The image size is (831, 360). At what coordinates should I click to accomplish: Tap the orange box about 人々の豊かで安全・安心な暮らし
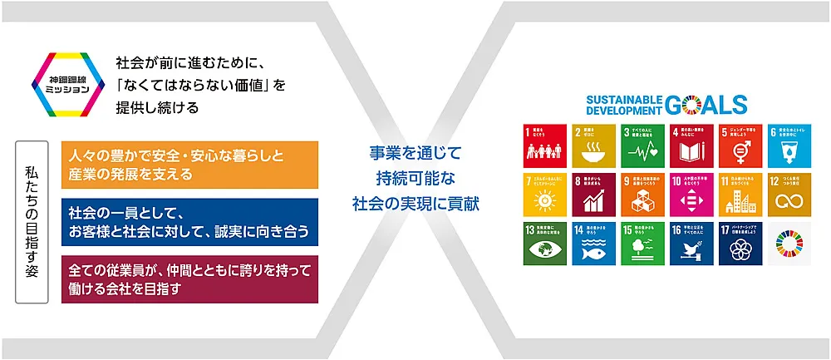[x=190, y=164]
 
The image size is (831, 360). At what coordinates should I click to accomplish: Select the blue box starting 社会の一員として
[x=190, y=221]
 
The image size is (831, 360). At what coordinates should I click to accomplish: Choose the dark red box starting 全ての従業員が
[x=190, y=279]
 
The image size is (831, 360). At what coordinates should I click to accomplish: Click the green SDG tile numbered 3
[x=642, y=145]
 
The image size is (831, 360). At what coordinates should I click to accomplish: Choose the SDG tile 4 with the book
[x=691, y=145]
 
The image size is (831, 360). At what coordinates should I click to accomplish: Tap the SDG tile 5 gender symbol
[x=740, y=145]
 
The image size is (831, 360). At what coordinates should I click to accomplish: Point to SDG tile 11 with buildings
[x=740, y=195]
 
